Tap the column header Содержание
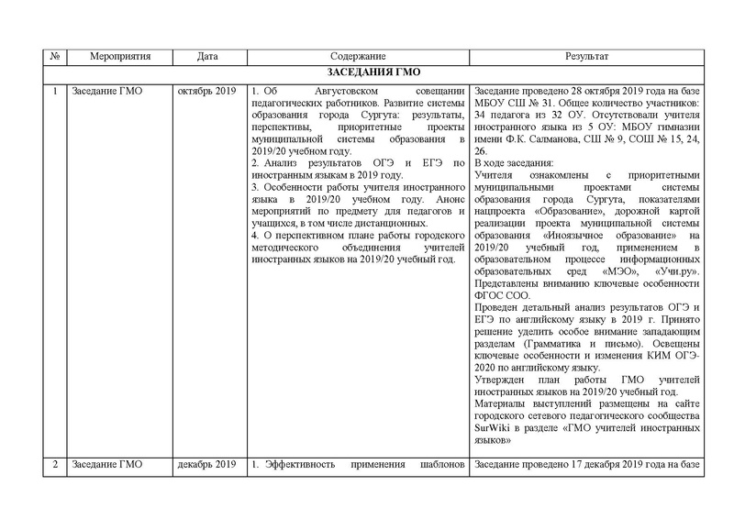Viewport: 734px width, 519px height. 356,58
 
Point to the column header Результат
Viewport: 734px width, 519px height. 587,58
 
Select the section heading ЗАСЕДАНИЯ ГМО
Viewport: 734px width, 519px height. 373,73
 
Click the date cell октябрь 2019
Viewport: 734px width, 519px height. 208,92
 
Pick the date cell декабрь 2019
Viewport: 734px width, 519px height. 208,464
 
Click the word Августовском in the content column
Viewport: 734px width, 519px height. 333,92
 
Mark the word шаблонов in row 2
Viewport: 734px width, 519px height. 440,464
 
